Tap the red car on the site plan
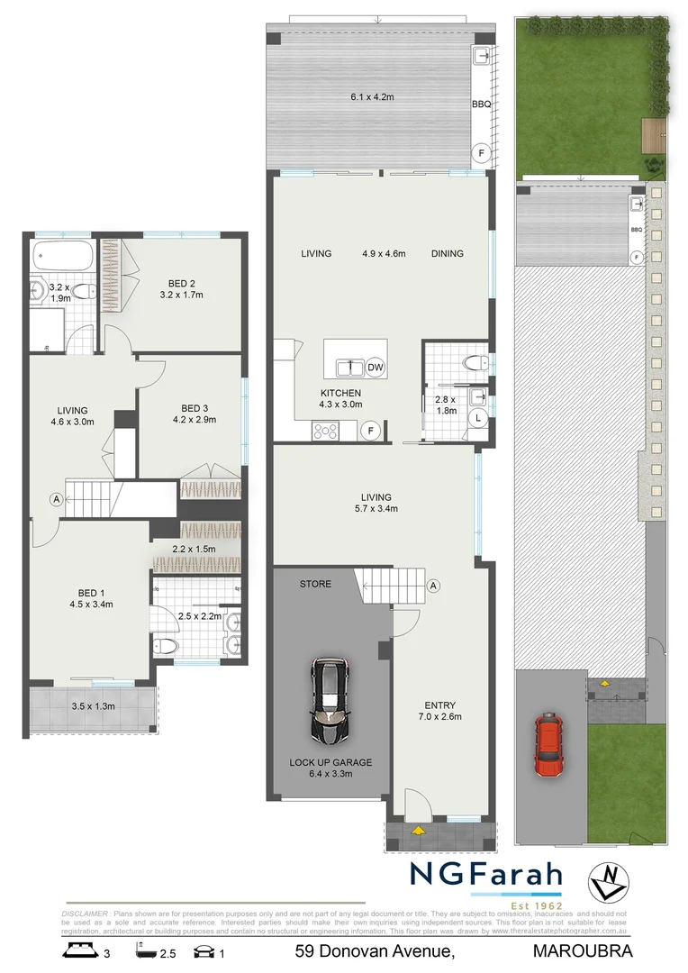tap(548, 744)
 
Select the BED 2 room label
tap(177, 280)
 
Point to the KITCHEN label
tap(341, 394)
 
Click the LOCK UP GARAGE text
tap(330, 762)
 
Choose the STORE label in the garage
tap(316, 584)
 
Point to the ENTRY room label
tap(440, 705)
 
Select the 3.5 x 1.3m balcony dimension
tap(94, 706)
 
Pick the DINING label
tap(447, 254)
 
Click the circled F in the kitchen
tap(368, 432)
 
